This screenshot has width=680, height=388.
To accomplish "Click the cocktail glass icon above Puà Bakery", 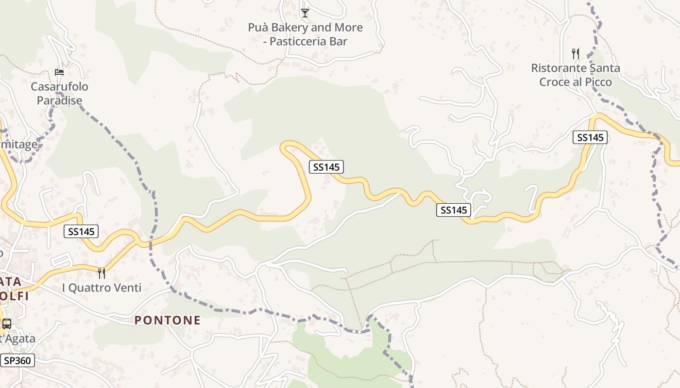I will pyautogui.click(x=305, y=13).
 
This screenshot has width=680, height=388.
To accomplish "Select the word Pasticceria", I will pyautogui.click(x=295, y=42).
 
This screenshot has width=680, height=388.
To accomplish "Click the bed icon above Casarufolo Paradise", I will pyautogui.click(x=59, y=72).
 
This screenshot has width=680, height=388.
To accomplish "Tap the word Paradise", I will pyautogui.click(x=59, y=101).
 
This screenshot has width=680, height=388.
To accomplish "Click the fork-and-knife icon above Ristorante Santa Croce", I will pyautogui.click(x=576, y=54).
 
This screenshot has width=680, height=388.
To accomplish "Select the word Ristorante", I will pyautogui.click(x=558, y=68).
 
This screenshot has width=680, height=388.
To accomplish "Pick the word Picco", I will pyautogui.click(x=598, y=82).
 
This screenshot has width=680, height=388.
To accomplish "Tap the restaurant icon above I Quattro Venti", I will pyautogui.click(x=102, y=274).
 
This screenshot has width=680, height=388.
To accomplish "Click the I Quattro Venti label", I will pyautogui.click(x=102, y=288).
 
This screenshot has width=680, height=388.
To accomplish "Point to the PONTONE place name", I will pyautogui.click(x=168, y=320).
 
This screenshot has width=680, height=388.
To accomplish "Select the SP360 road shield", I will pyautogui.click(x=17, y=360).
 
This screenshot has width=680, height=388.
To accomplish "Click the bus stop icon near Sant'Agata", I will pyautogui.click(x=7, y=324).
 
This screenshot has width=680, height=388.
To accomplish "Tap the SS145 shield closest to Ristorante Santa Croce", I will pyautogui.click(x=590, y=138).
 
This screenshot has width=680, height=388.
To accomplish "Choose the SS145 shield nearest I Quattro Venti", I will pyautogui.click(x=81, y=232).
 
